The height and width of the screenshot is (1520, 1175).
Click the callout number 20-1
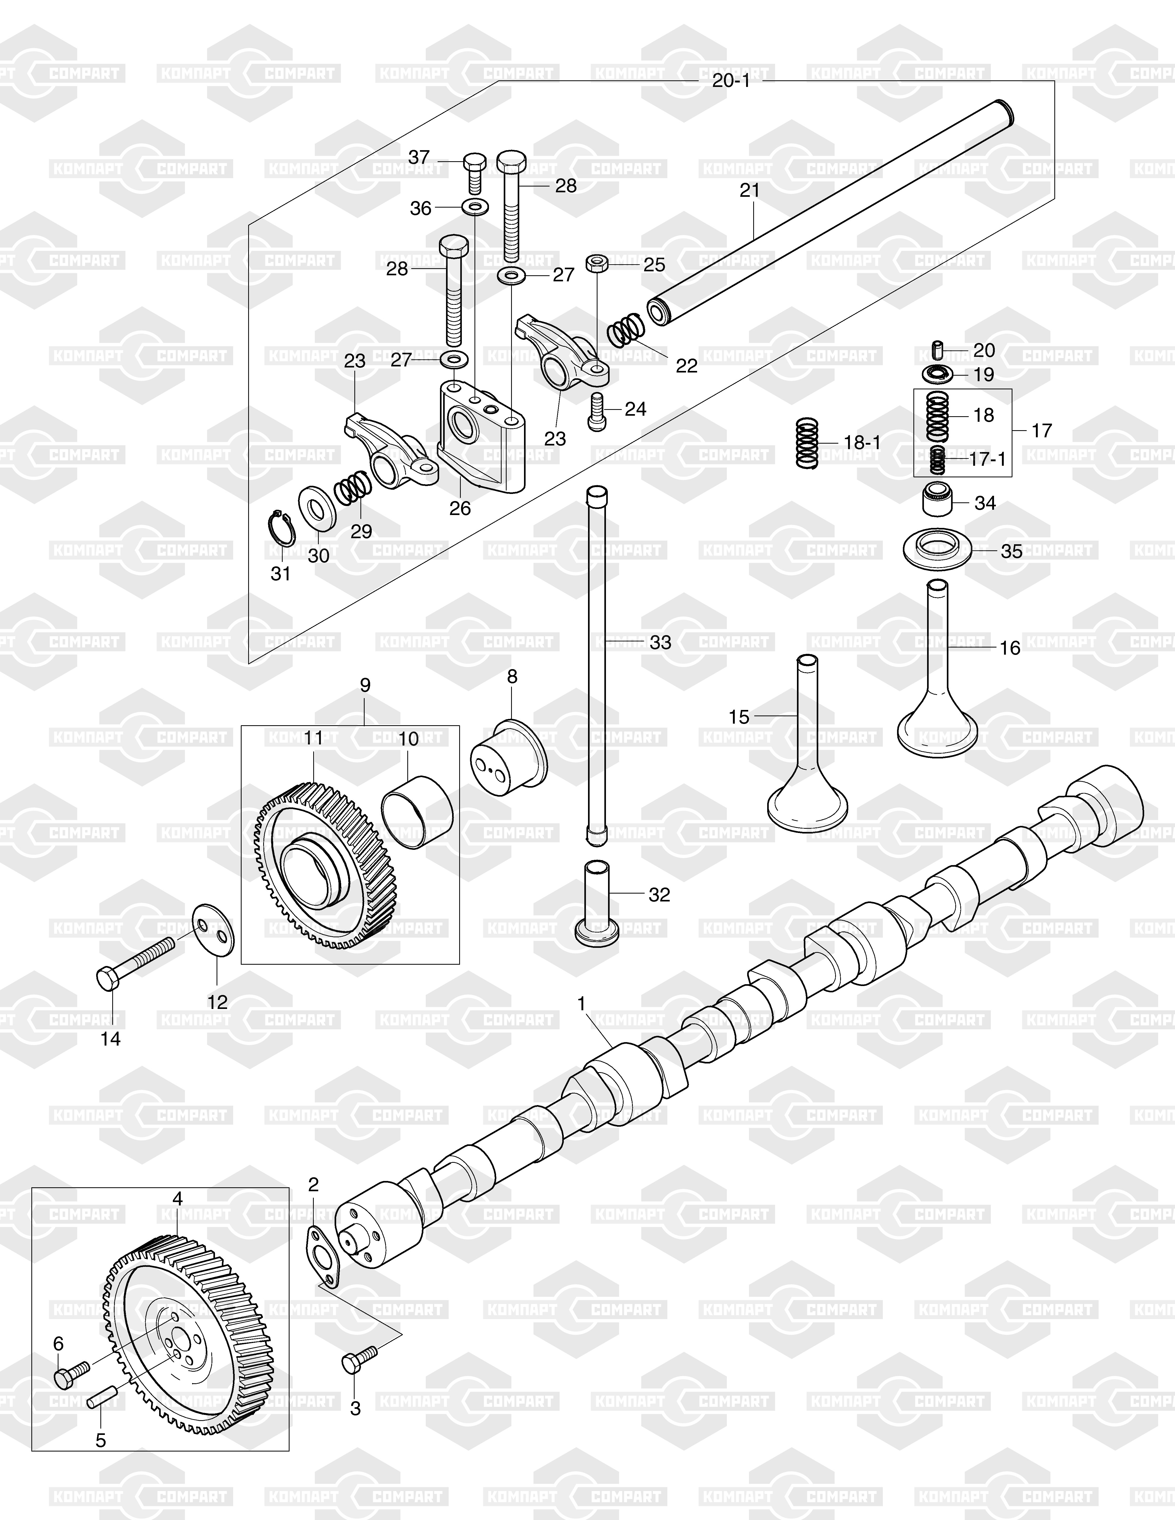(731, 81)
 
